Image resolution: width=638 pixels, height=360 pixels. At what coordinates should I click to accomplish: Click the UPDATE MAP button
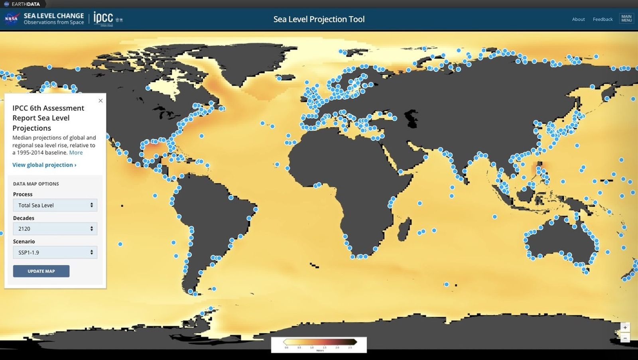[x=41, y=271]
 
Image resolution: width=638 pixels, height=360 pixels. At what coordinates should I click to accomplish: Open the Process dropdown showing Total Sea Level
[x=55, y=205]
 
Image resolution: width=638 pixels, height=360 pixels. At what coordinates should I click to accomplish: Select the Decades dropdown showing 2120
[x=55, y=229]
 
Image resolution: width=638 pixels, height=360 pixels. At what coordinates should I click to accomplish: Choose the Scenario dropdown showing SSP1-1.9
[x=55, y=252]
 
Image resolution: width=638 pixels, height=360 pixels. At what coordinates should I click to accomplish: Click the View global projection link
[x=44, y=165]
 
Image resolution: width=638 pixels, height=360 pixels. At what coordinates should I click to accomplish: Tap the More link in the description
[x=76, y=152]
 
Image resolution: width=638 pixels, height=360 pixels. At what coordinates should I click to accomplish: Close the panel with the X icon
[x=100, y=100]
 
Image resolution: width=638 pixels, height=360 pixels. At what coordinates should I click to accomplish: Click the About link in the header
[x=578, y=19]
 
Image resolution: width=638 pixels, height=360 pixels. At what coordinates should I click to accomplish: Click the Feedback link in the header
[x=603, y=19]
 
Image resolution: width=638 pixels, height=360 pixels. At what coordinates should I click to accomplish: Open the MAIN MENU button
[x=626, y=19]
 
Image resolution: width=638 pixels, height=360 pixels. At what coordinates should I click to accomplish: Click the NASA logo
[x=11, y=19]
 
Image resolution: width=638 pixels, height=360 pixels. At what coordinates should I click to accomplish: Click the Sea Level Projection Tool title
[x=319, y=19]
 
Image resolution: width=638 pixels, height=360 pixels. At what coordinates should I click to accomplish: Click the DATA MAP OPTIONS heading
[x=36, y=184]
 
